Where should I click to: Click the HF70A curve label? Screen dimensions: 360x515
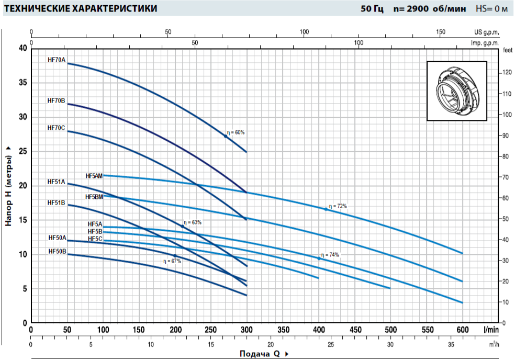(x=57, y=60)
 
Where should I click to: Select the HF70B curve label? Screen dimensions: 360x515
(x=56, y=100)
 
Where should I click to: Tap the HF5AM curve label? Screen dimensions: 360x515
(x=94, y=176)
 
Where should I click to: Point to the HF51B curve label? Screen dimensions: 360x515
(x=56, y=203)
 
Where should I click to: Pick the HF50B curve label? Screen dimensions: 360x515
(x=57, y=251)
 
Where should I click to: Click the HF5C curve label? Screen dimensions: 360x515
(x=95, y=239)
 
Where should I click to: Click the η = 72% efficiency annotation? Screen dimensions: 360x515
(x=338, y=206)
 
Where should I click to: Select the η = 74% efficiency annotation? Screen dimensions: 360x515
(x=330, y=255)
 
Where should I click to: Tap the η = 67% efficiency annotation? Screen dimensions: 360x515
(x=172, y=261)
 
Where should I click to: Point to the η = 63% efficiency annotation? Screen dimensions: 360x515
(x=193, y=222)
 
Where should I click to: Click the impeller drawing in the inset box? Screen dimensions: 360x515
(x=456, y=91)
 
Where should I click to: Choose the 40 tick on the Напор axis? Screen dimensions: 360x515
(x=23, y=48)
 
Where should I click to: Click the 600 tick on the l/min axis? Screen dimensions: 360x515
(x=463, y=330)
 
